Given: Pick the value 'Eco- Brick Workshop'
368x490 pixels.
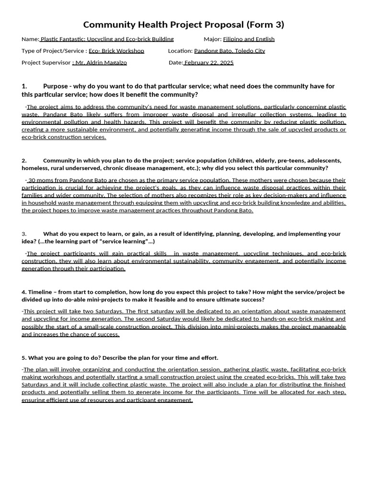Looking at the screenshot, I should (116, 51).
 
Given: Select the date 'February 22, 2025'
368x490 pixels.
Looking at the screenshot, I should (209, 63).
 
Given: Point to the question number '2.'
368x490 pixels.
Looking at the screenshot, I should (24, 161).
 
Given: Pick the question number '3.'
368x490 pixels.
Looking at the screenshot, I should (24, 234).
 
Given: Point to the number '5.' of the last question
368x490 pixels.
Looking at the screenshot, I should (24, 358).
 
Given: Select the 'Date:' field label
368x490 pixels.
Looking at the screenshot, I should (176, 63).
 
